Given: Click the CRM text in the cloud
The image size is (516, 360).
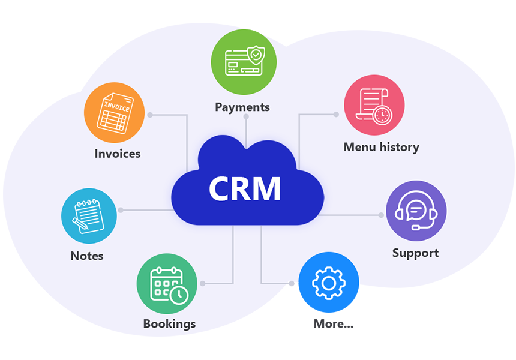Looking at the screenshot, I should pos(245,188).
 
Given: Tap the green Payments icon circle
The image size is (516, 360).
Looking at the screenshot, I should pos(244,62).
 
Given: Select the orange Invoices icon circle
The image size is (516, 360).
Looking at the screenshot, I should pos(114,113).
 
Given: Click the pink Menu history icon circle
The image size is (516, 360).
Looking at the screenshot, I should pos(374,105).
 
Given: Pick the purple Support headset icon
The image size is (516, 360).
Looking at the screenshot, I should pos(416,211).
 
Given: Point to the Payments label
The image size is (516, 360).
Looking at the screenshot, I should pos(242,107).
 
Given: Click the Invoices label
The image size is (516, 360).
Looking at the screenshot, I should pos(118,154).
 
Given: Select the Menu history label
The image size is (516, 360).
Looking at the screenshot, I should pos(381,147).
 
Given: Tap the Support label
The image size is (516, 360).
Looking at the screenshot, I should pos(415,253).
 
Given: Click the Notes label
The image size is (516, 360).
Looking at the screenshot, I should pos(87,256).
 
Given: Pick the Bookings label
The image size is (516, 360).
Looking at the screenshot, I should pos(169,324).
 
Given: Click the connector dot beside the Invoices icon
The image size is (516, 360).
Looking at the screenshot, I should pos(150,115).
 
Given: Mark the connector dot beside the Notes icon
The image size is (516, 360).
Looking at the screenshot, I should pos(121,210).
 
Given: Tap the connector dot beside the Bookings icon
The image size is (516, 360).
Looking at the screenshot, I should pos(203,283).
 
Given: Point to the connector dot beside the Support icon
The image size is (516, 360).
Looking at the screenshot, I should pos(381,215).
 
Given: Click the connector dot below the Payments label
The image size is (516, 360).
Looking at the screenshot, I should pos(246,117).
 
